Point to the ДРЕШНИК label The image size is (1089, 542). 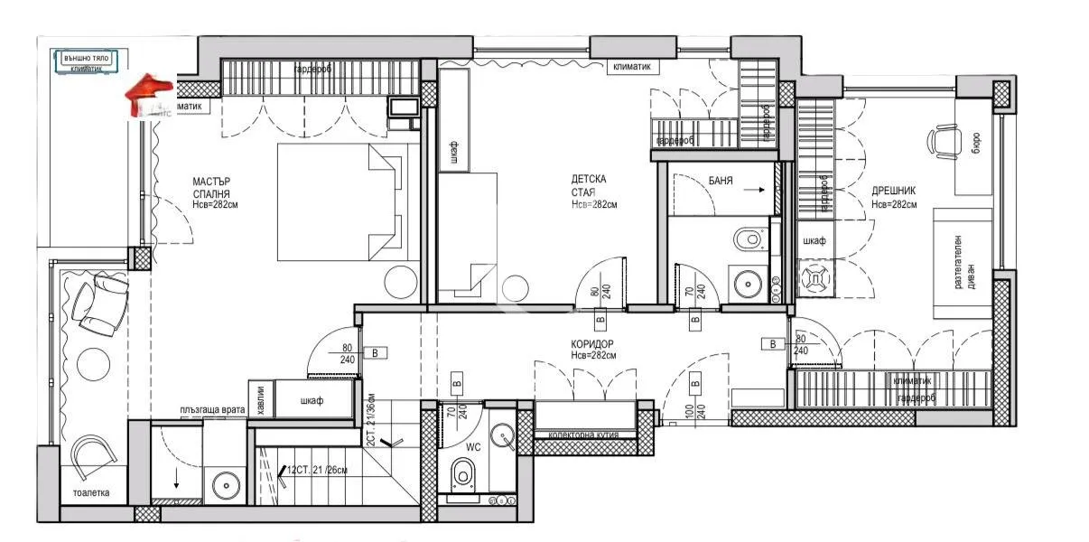click(x=894, y=192)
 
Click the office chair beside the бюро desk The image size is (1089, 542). click(x=943, y=141)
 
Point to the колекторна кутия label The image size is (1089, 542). click(x=584, y=435)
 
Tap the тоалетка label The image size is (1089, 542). click(x=91, y=493)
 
